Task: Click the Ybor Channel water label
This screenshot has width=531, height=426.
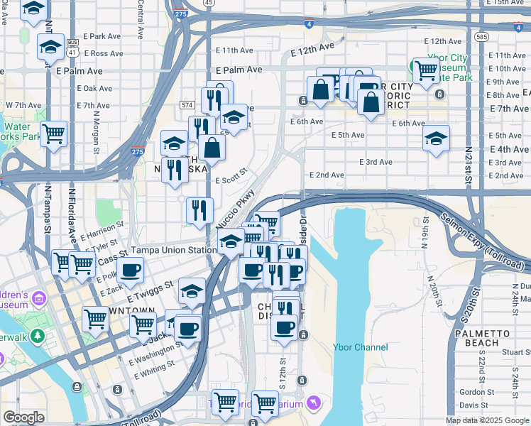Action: tap(361, 347)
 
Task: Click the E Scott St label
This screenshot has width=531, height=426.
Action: tap(231, 175)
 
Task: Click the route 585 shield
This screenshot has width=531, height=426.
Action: tap(482, 36)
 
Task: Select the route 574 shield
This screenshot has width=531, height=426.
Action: tap(187, 105)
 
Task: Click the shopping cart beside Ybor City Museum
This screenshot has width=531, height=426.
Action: tap(426, 70)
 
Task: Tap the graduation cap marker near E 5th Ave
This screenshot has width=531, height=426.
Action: tap(436, 137)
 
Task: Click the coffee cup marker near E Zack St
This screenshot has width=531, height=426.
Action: tap(131, 270)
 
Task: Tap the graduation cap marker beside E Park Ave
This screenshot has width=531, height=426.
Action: tap(50, 47)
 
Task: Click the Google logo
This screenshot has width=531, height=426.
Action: tap(24, 417)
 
